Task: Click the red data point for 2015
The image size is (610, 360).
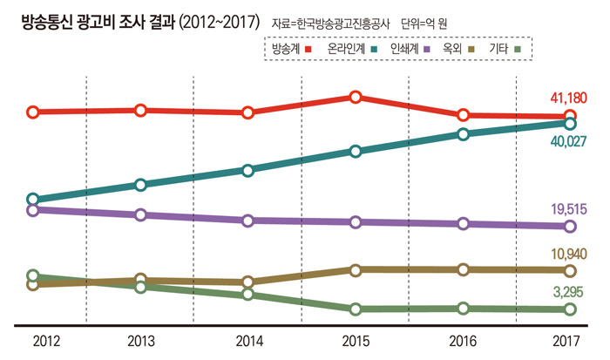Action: click(355, 97)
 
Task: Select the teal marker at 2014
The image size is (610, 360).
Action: click(247, 170)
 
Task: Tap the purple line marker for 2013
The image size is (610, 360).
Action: click(140, 214)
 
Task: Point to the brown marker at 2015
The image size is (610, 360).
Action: click(355, 269)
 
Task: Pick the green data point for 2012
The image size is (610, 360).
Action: click(33, 276)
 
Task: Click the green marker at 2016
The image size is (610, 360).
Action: click(463, 308)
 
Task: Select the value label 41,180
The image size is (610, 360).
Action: click(569, 96)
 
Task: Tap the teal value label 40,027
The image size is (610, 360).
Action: click(569, 142)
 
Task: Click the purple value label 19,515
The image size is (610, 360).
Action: click(569, 208)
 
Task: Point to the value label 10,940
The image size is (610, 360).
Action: click(569, 255)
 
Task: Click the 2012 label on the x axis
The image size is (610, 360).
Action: click(33, 341)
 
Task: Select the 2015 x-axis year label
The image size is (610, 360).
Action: click(355, 341)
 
